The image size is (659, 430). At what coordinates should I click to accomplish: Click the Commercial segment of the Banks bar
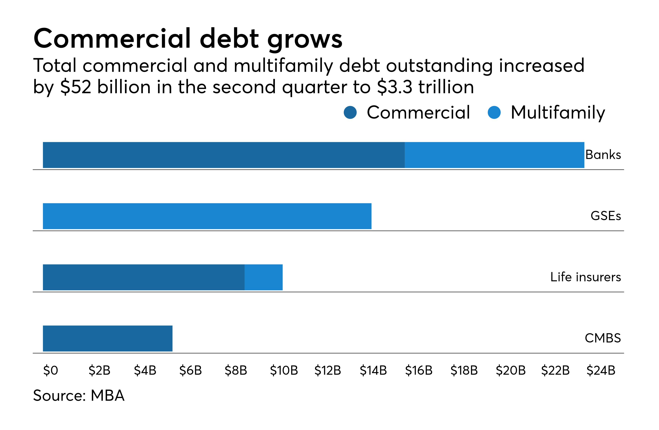click(224, 155)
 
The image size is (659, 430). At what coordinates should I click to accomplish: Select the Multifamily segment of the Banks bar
click(494, 155)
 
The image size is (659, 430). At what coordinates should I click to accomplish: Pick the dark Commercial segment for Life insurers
click(144, 277)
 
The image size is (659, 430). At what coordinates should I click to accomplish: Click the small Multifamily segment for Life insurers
click(263, 277)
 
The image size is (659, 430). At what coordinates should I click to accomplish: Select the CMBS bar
click(108, 338)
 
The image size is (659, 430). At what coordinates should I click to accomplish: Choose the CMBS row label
click(603, 338)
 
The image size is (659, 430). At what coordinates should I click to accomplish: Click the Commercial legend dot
click(350, 113)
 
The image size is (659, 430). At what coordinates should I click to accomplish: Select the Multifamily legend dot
click(494, 113)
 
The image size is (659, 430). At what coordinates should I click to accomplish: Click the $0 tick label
click(51, 370)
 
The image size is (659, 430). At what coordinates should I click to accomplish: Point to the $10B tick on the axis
click(284, 370)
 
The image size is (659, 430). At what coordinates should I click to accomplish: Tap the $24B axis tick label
click(601, 370)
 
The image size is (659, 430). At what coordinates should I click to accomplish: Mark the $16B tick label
click(419, 370)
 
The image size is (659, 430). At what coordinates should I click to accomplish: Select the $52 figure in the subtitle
click(76, 87)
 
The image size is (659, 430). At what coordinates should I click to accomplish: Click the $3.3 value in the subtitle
click(395, 87)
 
